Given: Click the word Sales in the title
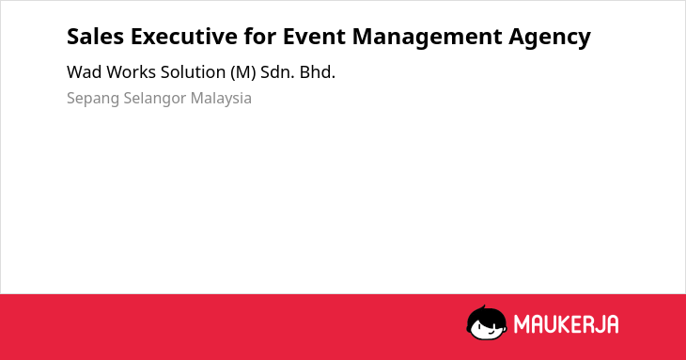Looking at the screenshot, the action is [x=95, y=37].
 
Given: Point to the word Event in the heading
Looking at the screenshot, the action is [x=314, y=37].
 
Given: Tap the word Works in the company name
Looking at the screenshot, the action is [x=132, y=72].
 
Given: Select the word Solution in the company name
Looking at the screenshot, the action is [x=193, y=72].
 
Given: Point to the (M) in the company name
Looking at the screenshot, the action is [x=242, y=72].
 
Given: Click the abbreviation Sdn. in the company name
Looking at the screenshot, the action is [x=277, y=72].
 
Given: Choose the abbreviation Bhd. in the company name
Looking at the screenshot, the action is [x=318, y=72].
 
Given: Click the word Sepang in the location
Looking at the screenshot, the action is [x=93, y=99].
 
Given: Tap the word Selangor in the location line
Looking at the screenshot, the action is [x=155, y=99].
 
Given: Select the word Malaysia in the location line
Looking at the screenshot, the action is [x=221, y=99].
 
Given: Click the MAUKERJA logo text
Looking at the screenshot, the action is [x=566, y=324].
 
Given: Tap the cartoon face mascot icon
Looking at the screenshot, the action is [x=487, y=323].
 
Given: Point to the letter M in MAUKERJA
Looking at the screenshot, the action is [x=521, y=324].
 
